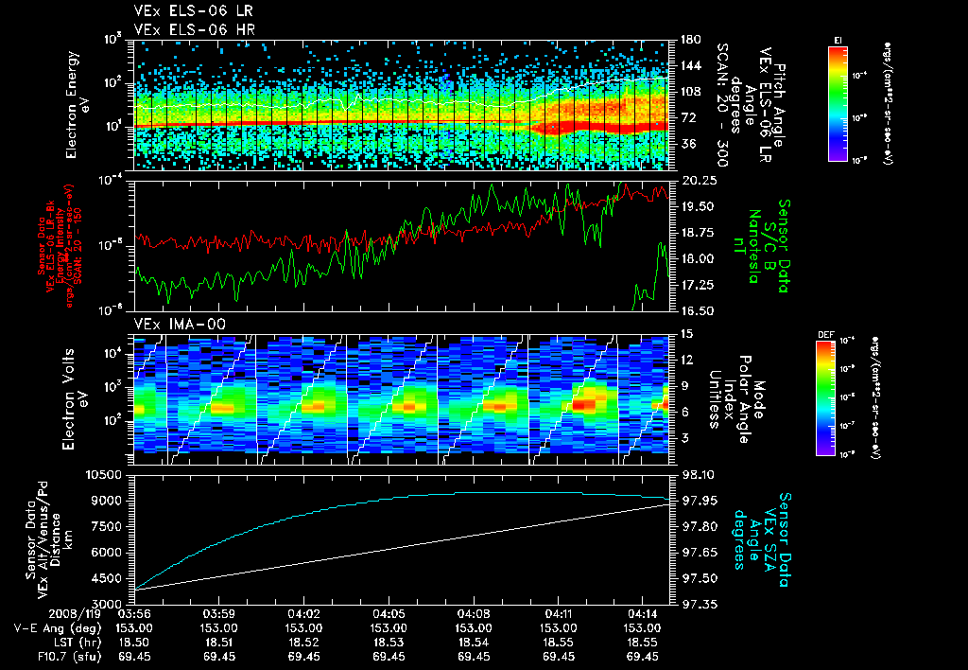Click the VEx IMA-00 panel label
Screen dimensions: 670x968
click(170, 324)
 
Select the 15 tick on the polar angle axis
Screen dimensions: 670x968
click(681, 333)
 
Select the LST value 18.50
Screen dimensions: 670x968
click(133, 642)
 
